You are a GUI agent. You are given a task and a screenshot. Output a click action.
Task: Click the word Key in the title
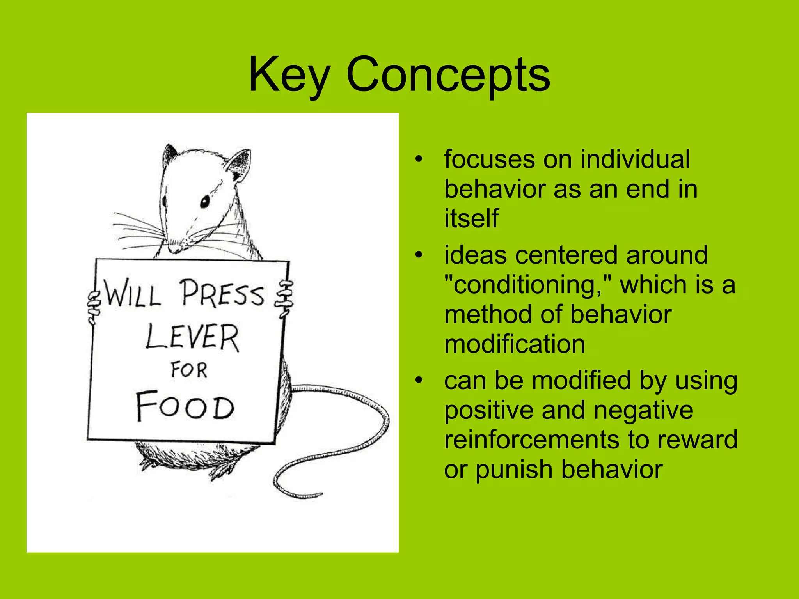pos(289,75)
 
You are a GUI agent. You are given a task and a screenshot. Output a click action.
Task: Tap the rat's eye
pos(204,202)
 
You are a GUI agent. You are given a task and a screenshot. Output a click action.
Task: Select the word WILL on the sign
pos(132,293)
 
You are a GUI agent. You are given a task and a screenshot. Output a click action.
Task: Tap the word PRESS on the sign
pos(222,293)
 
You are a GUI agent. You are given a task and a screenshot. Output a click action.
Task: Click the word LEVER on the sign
pos(192,338)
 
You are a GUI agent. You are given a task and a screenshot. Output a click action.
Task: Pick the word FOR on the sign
pos(189,370)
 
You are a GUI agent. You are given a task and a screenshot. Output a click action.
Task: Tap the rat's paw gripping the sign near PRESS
pos(284,299)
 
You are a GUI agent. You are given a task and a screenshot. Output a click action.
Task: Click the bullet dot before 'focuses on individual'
pos(419,159)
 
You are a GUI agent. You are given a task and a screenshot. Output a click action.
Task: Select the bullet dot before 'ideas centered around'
pos(419,255)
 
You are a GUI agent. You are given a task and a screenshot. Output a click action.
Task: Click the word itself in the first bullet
pos(471,218)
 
